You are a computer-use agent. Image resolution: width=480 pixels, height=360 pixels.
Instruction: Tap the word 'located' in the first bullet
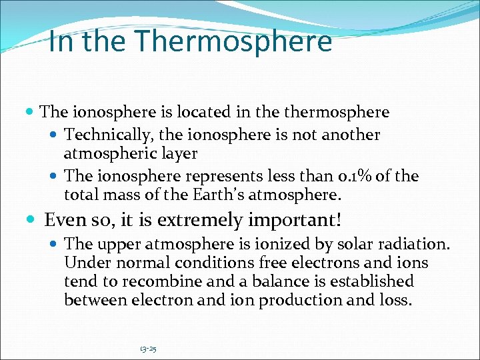coord(169,112)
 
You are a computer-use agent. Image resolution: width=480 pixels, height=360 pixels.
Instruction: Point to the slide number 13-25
coord(148,348)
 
